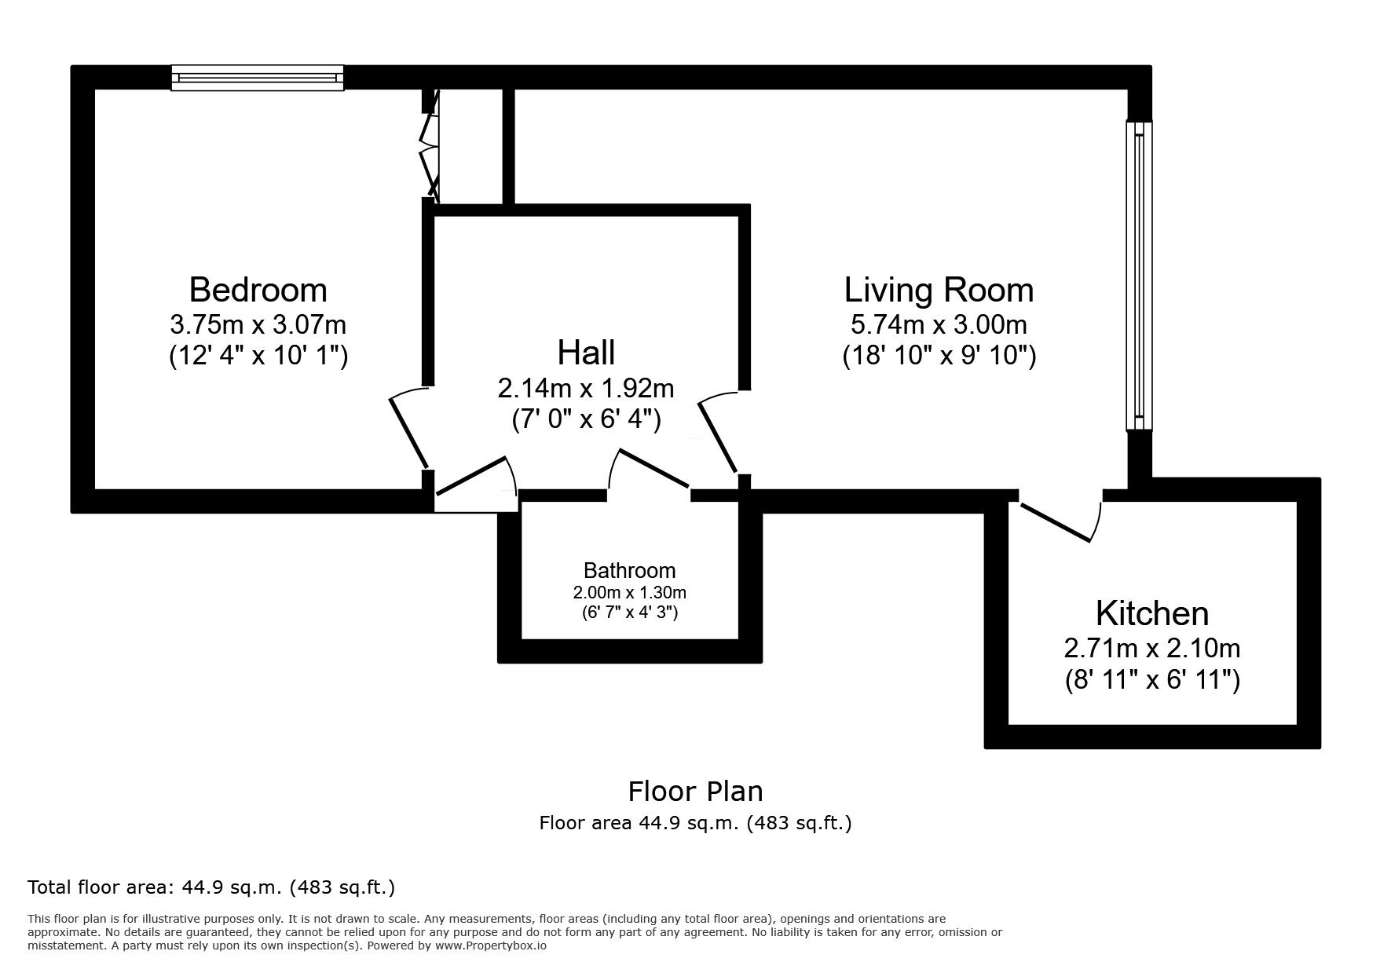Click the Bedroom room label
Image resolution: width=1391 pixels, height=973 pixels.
[258, 290]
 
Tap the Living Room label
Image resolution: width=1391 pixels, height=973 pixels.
[939, 290]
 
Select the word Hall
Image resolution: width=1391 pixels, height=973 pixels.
[586, 353]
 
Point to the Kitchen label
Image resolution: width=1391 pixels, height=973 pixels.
[1151, 613]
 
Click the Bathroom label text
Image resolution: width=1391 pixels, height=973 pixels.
[629, 570]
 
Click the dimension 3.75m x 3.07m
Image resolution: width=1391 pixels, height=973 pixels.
[258, 324]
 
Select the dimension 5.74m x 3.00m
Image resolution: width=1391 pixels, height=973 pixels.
[939, 324]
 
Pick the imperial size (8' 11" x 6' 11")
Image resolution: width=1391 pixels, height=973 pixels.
[1152, 680]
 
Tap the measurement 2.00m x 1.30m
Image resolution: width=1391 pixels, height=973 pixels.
[629, 593]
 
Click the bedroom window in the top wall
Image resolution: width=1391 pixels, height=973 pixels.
[258, 78]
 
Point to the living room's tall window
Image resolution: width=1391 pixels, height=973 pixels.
[1139, 275]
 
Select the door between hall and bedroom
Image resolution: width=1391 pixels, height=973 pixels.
[408, 432]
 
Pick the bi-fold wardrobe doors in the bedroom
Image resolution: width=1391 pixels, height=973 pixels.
[430, 146]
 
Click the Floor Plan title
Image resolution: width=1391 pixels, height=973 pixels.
[695, 791]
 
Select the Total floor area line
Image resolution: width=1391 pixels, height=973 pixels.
[211, 887]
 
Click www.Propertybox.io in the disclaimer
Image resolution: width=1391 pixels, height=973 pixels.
[490, 946]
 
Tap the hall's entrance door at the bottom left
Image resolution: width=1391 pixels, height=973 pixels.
[475, 479]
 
